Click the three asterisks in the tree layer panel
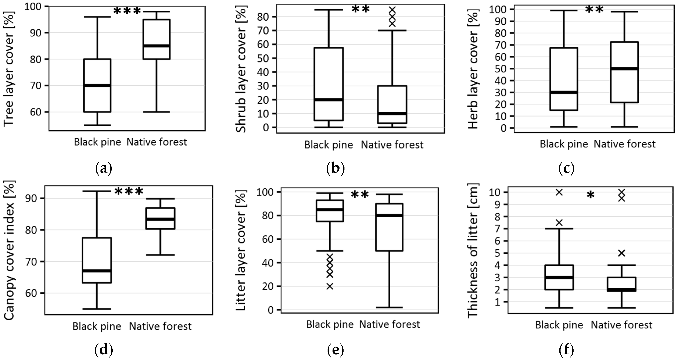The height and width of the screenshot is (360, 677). [127, 11]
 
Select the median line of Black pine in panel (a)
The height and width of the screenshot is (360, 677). [97, 85]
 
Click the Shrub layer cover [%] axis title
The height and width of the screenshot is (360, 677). [241, 70]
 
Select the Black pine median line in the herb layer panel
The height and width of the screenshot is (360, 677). [564, 92]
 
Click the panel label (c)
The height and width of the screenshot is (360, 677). [566, 169]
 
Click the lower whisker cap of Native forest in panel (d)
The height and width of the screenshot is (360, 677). [160, 255]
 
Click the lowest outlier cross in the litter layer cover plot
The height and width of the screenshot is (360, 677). [330, 286]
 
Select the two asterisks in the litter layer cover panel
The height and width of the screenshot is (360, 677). [360, 195]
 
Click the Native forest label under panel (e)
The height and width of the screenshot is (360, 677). [389, 324]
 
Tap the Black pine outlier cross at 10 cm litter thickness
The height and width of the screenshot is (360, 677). [559, 192]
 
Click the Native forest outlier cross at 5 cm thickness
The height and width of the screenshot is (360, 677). [622, 253]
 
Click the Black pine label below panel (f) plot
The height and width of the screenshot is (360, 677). [559, 325]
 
